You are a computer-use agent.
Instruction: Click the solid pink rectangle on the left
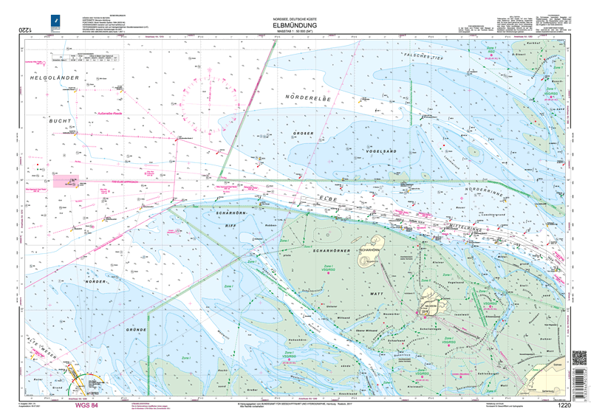[66, 179]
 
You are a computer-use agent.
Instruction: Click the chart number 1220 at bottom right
[564, 405]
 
